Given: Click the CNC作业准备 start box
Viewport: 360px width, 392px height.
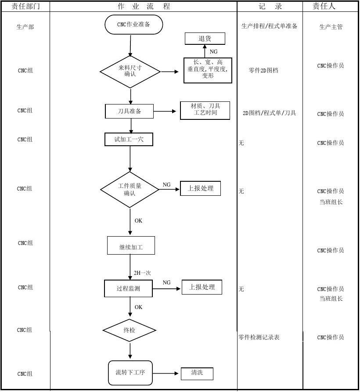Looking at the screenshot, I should pos(133,25).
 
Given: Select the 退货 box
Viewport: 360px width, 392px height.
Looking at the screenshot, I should pos(205,39).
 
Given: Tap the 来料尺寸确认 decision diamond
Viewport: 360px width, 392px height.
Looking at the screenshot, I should pos(130,71).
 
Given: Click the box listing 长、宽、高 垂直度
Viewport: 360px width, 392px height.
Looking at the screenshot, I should pos(208,70).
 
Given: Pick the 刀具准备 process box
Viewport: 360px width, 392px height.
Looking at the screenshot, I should pos(129,111).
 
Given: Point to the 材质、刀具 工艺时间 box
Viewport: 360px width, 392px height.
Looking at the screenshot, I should pos(205,110).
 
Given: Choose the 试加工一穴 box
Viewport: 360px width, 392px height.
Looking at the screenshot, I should pos(129,139).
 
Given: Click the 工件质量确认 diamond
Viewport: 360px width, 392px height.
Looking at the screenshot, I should pos(130,189).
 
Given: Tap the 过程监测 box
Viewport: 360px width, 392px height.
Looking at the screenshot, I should pos(128,288).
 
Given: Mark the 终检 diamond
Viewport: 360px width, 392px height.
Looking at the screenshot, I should pos(130,330).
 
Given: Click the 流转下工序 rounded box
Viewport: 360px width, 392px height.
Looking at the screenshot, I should pos(130,373).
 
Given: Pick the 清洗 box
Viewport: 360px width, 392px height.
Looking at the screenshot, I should pos(197,373).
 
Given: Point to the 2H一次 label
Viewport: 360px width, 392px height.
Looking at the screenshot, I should pos(142,273).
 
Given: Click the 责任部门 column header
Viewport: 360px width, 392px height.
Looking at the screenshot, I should pos(25,6).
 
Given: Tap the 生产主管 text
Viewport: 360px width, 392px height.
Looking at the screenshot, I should pos(331,27).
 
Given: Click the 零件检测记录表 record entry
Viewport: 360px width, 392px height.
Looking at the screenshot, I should pos(259,337).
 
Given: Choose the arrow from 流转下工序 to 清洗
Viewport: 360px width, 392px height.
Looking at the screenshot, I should pos(166,374).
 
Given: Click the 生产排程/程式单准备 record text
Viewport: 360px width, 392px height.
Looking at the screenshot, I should pos(269,26).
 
